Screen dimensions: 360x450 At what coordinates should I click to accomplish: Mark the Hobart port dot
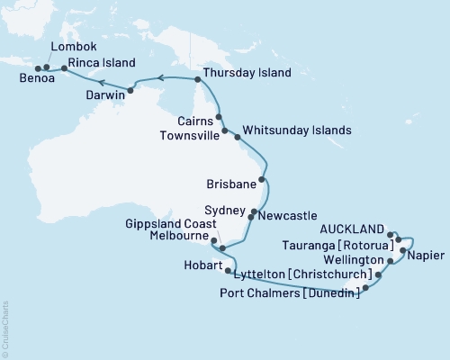click(228, 270)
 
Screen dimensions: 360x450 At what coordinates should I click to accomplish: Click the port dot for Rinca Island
click(64, 67)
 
